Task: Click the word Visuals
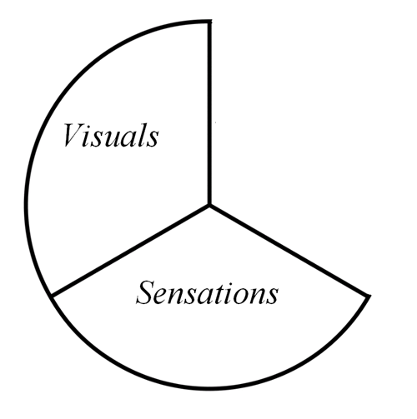(x=111, y=135)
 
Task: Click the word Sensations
(x=207, y=292)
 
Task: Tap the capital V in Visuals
(x=73, y=135)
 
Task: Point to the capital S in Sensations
(x=145, y=292)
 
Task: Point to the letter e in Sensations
(x=163, y=297)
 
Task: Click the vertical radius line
(x=209, y=113)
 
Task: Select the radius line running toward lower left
(x=130, y=250)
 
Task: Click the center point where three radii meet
(x=209, y=206)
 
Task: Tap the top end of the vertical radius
(x=210, y=22)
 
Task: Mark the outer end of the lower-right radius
(x=369, y=297)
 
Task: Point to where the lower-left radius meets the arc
(x=52, y=294)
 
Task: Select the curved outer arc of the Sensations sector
(x=210, y=388)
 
